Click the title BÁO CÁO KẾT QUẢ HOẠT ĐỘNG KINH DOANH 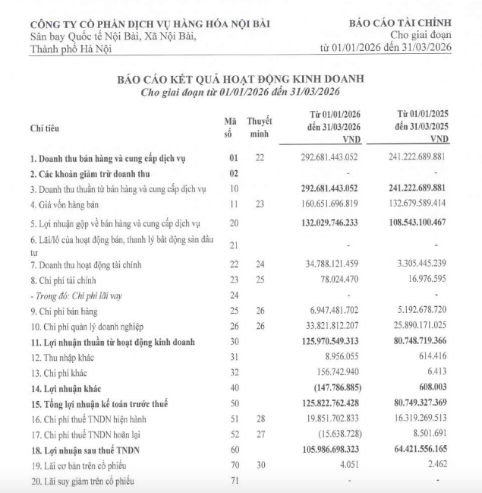click(x=240, y=78)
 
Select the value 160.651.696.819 click(x=323, y=205)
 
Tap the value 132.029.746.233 click(x=323, y=223)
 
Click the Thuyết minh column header click(x=260, y=127)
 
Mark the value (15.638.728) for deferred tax click(x=334, y=435)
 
